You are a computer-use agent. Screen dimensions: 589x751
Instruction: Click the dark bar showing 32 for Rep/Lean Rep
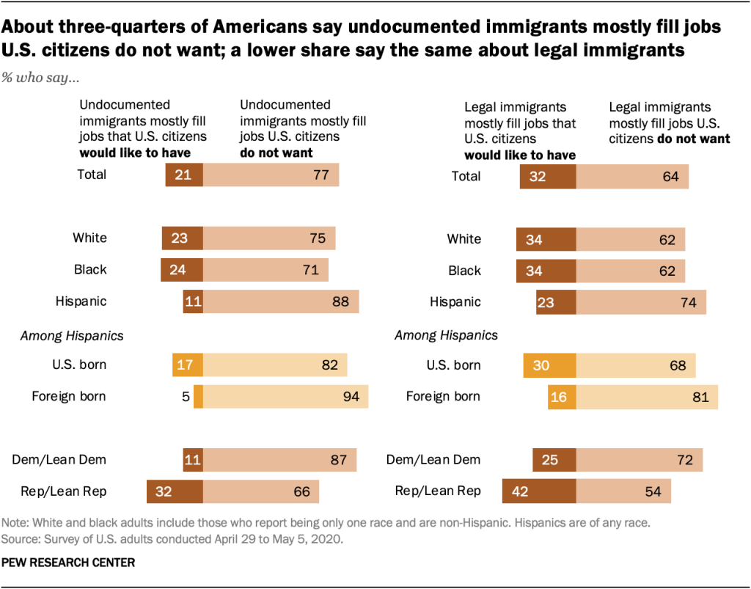tap(175, 491)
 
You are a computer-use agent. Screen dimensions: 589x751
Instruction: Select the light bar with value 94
tap(285, 397)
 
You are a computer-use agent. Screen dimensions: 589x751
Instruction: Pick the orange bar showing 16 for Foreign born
tap(562, 397)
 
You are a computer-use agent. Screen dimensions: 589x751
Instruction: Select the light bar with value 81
tap(647, 397)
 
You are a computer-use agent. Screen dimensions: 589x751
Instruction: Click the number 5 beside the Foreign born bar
tap(186, 397)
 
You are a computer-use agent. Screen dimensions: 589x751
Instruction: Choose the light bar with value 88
tap(281, 301)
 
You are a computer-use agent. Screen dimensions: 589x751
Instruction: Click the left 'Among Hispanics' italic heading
tap(71, 336)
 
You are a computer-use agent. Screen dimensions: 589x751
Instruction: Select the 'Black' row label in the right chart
tap(464, 271)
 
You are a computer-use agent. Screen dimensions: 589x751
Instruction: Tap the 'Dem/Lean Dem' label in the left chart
tap(59, 460)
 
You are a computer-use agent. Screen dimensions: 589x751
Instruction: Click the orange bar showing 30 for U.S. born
tap(549, 365)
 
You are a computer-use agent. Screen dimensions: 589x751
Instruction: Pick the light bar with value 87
tap(279, 460)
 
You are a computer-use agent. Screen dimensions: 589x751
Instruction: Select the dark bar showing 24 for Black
tap(181, 270)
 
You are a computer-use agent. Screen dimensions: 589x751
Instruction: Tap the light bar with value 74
tap(641, 301)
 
